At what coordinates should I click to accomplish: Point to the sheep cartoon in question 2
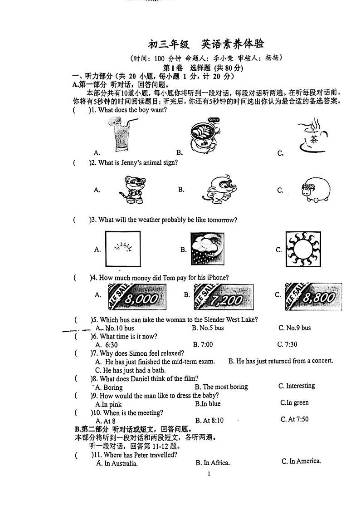coord(313,190)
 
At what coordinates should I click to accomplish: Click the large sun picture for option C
coord(306,249)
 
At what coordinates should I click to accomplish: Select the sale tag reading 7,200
coord(224,297)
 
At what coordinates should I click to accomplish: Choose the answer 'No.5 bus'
coord(208,328)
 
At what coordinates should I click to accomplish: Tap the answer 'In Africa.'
coord(212,463)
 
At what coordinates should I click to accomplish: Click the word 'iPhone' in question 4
coord(214,278)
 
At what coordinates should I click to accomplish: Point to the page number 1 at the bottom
coord(209,475)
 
